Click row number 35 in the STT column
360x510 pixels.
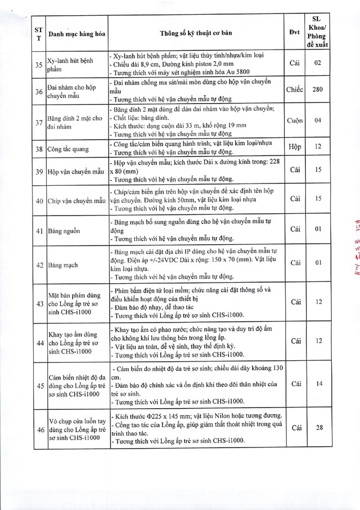tap(38, 65)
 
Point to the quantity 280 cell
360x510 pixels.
tap(318, 90)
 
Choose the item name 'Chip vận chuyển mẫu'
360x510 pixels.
tap(76, 199)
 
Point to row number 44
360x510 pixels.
tap(38, 342)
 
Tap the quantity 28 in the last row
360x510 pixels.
tap(318, 428)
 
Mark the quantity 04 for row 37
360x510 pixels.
tap(318, 121)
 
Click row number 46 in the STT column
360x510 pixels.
tap(38, 430)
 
